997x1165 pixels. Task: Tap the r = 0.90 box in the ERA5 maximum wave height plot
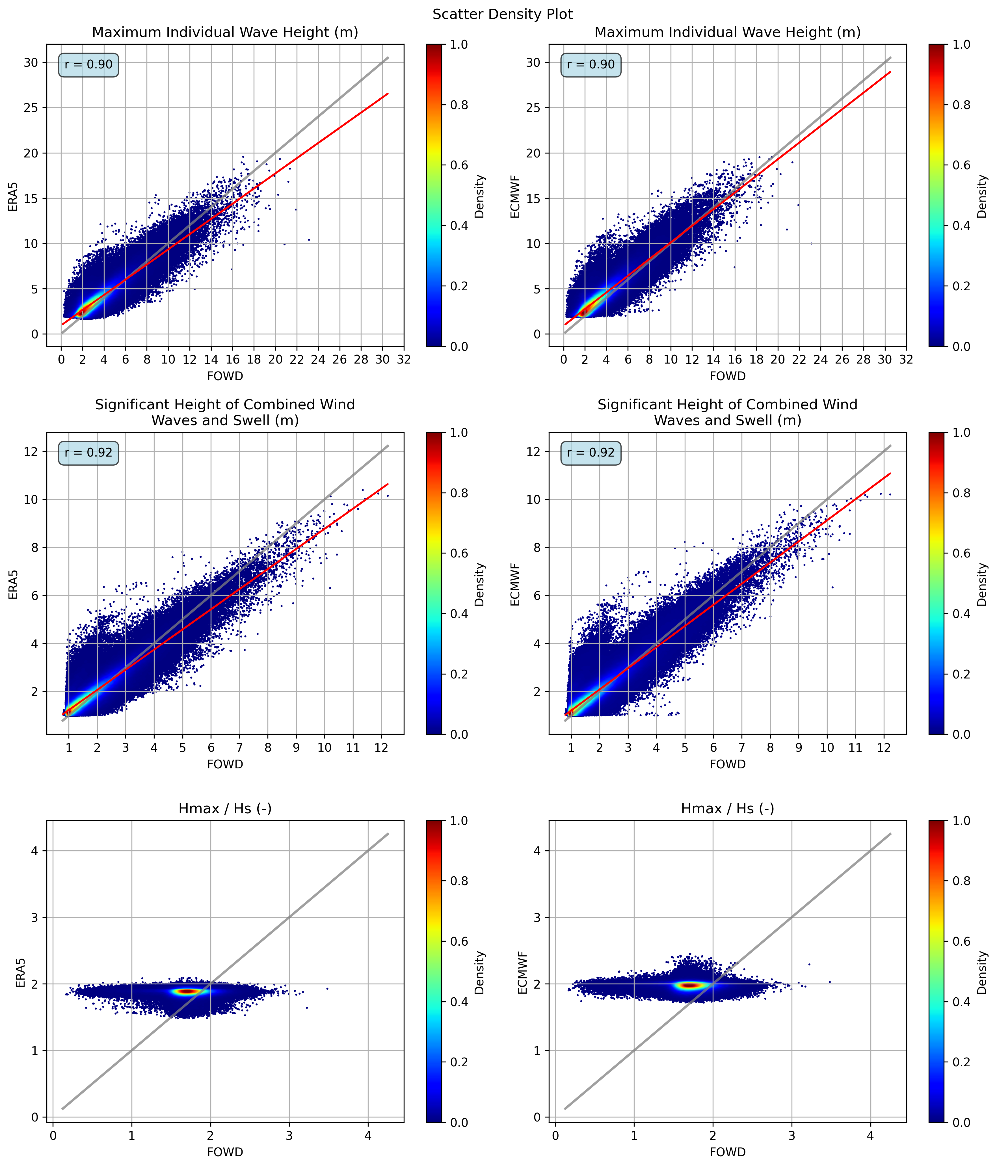coord(88,65)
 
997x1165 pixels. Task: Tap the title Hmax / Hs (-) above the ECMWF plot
coord(727,809)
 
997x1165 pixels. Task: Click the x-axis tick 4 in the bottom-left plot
coord(368,1136)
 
